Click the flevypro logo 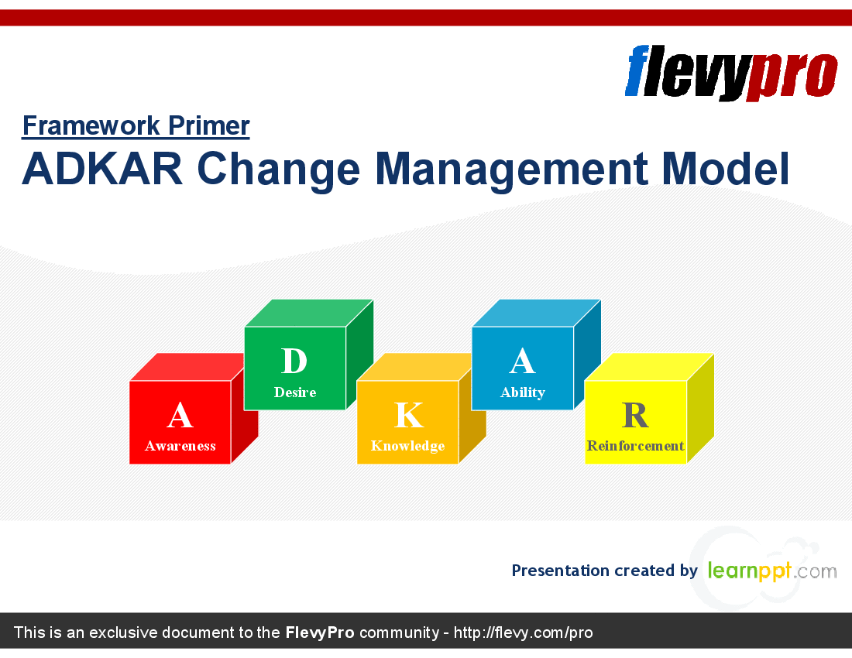731,73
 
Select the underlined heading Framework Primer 136,126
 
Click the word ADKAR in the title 102,168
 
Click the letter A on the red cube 180,416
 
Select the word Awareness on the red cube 180,446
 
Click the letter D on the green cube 294,361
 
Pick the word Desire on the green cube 295,392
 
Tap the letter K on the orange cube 409,416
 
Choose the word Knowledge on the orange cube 407,446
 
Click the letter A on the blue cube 522,361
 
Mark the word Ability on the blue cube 523,392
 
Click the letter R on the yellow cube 635,416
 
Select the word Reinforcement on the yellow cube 635,446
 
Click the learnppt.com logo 772,571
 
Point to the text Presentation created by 605,571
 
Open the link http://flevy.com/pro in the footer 523,632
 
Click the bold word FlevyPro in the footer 320,632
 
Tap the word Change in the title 278,170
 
